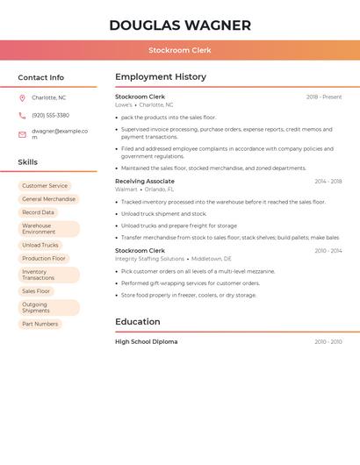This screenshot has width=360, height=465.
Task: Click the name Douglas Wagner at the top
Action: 180,25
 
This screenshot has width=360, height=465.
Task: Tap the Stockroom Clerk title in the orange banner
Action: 180,50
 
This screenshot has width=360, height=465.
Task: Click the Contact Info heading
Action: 40,77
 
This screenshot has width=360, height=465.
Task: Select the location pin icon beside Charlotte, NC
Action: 22,97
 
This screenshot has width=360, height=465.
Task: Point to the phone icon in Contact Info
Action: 22,115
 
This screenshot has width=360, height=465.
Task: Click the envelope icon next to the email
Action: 22,134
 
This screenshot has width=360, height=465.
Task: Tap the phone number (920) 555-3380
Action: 50,115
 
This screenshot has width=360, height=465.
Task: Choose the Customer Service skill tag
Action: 45,186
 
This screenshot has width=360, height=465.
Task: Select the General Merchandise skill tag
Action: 49,199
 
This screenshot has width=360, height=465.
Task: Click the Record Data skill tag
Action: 38,212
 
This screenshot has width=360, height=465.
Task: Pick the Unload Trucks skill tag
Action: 40,246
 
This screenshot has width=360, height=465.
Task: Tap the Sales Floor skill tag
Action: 36,291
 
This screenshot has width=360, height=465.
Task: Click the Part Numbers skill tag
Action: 40,324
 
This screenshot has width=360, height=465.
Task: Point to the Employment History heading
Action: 161,77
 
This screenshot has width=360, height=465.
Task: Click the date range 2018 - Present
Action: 324,97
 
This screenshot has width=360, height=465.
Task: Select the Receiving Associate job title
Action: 145,181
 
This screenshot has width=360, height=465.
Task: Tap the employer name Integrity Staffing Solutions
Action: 149,259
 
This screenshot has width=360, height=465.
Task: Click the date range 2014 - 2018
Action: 328,181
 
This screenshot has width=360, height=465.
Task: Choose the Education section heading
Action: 138,322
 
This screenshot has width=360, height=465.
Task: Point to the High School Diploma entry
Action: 146,341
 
